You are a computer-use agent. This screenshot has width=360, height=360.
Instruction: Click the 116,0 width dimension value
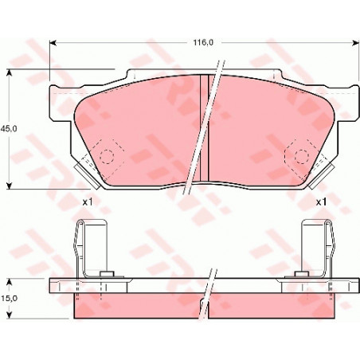[203, 42]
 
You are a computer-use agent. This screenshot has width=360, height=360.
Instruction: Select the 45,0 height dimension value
[9, 129]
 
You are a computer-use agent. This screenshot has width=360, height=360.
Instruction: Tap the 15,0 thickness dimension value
[9, 299]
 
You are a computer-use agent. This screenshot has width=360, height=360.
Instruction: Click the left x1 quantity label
[87, 202]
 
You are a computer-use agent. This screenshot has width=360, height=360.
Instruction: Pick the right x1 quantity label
[321, 202]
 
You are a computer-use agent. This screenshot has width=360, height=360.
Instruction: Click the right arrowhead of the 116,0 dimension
[355, 43]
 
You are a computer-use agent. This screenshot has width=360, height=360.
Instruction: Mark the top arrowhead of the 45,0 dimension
[10, 73]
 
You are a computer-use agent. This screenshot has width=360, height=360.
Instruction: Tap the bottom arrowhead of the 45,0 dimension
[10, 186]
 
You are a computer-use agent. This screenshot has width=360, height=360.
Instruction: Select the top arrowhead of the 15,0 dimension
[10, 282]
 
